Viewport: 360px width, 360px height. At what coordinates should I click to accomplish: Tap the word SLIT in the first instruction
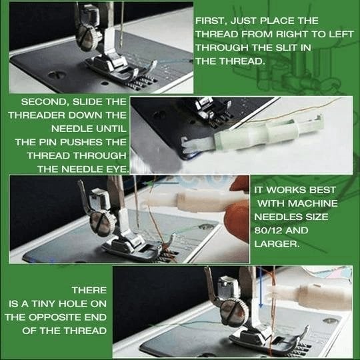click(281, 48)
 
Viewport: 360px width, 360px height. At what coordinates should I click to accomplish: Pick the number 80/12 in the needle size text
click(268, 230)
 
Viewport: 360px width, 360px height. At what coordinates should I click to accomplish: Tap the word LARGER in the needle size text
click(277, 244)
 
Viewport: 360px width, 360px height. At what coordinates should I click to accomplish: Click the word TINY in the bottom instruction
click(43, 304)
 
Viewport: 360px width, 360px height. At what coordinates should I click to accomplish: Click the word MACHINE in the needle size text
click(313, 203)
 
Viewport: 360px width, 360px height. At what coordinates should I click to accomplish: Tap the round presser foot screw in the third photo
click(100, 223)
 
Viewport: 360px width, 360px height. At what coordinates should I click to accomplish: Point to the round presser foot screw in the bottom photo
click(233, 313)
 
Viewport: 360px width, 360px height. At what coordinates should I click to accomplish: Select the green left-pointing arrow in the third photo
click(160, 183)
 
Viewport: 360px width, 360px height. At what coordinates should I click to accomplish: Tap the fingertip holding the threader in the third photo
click(237, 217)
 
